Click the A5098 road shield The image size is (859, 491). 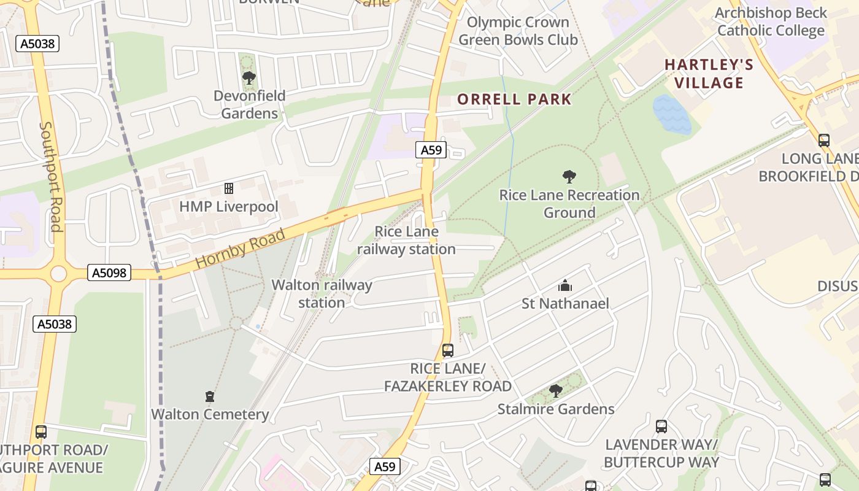click(x=109, y=273)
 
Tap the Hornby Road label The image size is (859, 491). click(x=241, y=249)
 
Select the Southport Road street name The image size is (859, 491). click(x=51, y=177)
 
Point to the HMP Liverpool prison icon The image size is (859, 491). click(x=229, y=188)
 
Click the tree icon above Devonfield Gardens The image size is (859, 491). click(x=248, y=78)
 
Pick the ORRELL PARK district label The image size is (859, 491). click(x=515, y=99)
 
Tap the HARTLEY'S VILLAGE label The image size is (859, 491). click(x=709, y=74)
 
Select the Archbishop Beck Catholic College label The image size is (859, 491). click(x=771, y=22)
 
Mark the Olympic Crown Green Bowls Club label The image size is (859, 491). click(x=518, y=31)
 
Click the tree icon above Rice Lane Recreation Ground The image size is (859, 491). click(x=569, y=177)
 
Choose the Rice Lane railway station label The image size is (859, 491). click(x=406, y=240)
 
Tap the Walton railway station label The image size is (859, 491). click(x=322, y=293)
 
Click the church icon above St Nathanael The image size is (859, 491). click(x=565, y=285)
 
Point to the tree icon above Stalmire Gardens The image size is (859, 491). click(x=556, y=391)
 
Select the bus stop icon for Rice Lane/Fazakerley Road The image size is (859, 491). click(x=448, y=350)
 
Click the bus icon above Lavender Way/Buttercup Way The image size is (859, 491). click(x=661, y=426)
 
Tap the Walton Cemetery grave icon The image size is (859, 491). click(x=210, y=396)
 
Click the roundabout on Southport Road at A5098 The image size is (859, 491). click(x=58, y=273)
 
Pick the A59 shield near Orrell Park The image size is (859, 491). click(x=432, y=150)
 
